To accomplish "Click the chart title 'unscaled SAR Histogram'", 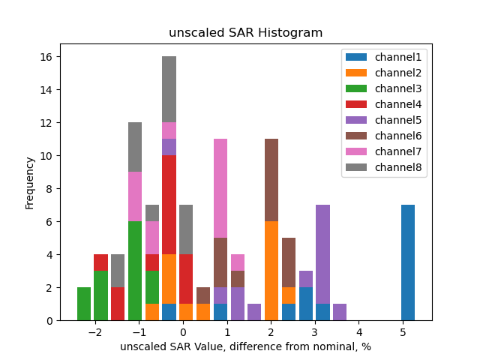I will click(x=246, y=33).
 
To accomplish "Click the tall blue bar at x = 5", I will click(x=408, y=262).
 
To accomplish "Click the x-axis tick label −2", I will click(x=94, y=331).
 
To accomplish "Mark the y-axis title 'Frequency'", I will click(x=30, y=182).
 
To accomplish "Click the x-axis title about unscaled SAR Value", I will click(x=246, y=346).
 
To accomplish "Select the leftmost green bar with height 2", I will click(x=84, y=304).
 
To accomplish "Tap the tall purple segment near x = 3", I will click(x=323, y=254).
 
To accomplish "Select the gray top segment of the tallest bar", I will click(x=169, y=89).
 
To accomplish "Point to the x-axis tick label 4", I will click(x=359, y=331).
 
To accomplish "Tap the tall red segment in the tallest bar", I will click(x=169, y=205).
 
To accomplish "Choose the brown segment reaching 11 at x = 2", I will click(x=271, y=180).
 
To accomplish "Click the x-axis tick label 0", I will click(x=183, y=331).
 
